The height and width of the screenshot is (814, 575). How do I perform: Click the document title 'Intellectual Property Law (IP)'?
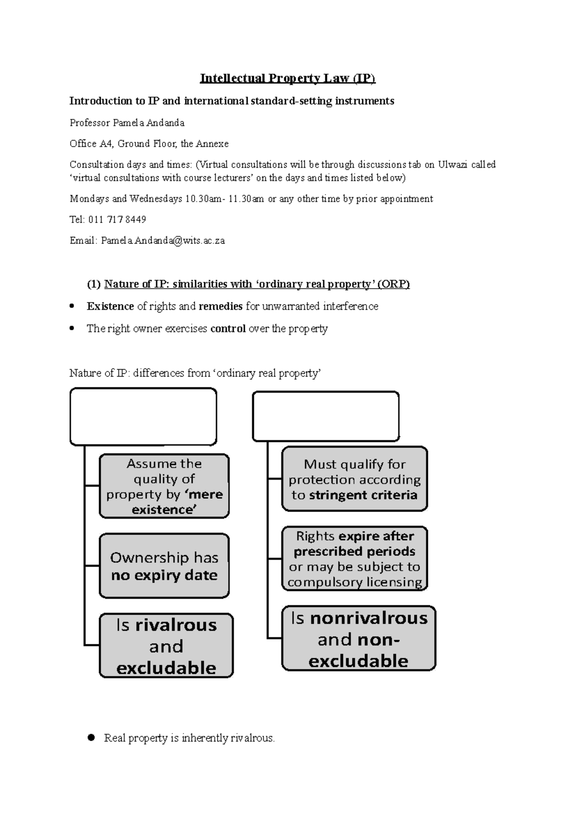click(x=287, y=78)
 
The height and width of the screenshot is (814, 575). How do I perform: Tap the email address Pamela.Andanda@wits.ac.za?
click(x=162, y=241)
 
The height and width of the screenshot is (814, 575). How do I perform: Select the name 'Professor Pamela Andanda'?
click(x=127, y=123)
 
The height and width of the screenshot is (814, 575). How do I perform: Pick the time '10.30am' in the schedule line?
click(x=202, y=198)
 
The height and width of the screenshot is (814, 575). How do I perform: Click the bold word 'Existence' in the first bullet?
click(x=110, y=306)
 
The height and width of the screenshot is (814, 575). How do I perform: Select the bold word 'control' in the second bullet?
click(x=228, y=329)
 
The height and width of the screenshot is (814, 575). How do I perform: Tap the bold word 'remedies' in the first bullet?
click(x=221, y=306)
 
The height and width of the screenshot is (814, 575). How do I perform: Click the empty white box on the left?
click(x=143, y=417)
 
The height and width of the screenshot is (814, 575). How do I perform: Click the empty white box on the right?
click(x=326, y=416)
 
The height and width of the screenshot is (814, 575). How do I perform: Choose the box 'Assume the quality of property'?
click(x=164, y=486)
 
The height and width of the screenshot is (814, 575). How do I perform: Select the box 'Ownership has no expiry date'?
click(x=164, y=566)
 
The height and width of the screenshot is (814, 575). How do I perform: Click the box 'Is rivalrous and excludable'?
click(x=166, y=646)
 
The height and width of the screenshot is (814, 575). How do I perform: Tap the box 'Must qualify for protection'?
click(x=355, y=479)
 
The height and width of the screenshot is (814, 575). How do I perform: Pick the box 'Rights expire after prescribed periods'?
click(x=355, y=558)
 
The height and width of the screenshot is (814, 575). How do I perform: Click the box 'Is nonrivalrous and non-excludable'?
click(x=358, y=639)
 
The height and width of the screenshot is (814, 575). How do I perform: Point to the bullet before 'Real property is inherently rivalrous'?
click(x=92, y=738)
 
